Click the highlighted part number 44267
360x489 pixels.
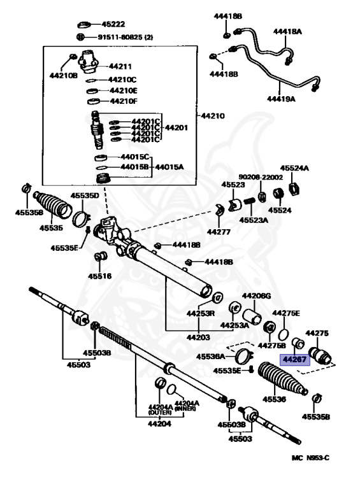coord(294,360)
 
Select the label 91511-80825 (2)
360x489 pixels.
coord(126,37)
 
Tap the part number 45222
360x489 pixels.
coord(113,24)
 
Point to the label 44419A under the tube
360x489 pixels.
coord(281,99)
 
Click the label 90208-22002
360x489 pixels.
coord(261,177)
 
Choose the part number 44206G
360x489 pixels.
coord(256,295)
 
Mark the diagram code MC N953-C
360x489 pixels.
coord(310,458)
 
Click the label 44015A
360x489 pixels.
coord(169,167)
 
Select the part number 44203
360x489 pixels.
coord(198,337)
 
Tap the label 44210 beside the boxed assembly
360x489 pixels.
coord(212,116)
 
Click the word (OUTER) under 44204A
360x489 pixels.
coord(160,413)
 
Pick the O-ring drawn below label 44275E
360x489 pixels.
coord(284,335)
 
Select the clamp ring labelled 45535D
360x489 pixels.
coord(81,218)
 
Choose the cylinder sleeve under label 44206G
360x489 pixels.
coord(252,316)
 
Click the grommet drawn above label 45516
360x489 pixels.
coord(101,256)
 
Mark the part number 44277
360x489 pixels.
coord(219,232)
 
